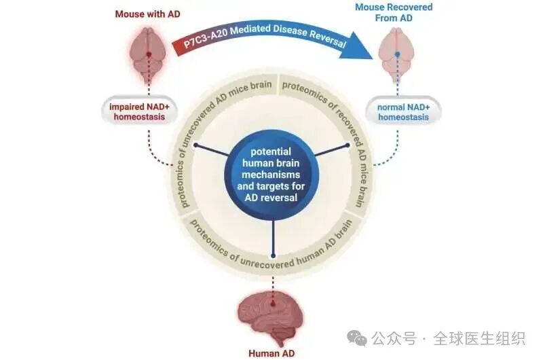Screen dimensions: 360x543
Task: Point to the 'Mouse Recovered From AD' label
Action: click(394, 13)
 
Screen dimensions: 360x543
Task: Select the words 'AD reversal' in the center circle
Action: click(273, 197)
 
